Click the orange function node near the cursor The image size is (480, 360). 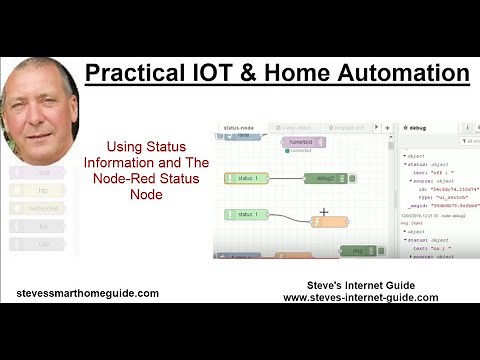click(329, 223)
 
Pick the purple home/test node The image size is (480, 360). click(301, 143)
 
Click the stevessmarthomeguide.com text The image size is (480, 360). click(88, 293)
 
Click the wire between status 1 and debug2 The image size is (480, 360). click(285, 178)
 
